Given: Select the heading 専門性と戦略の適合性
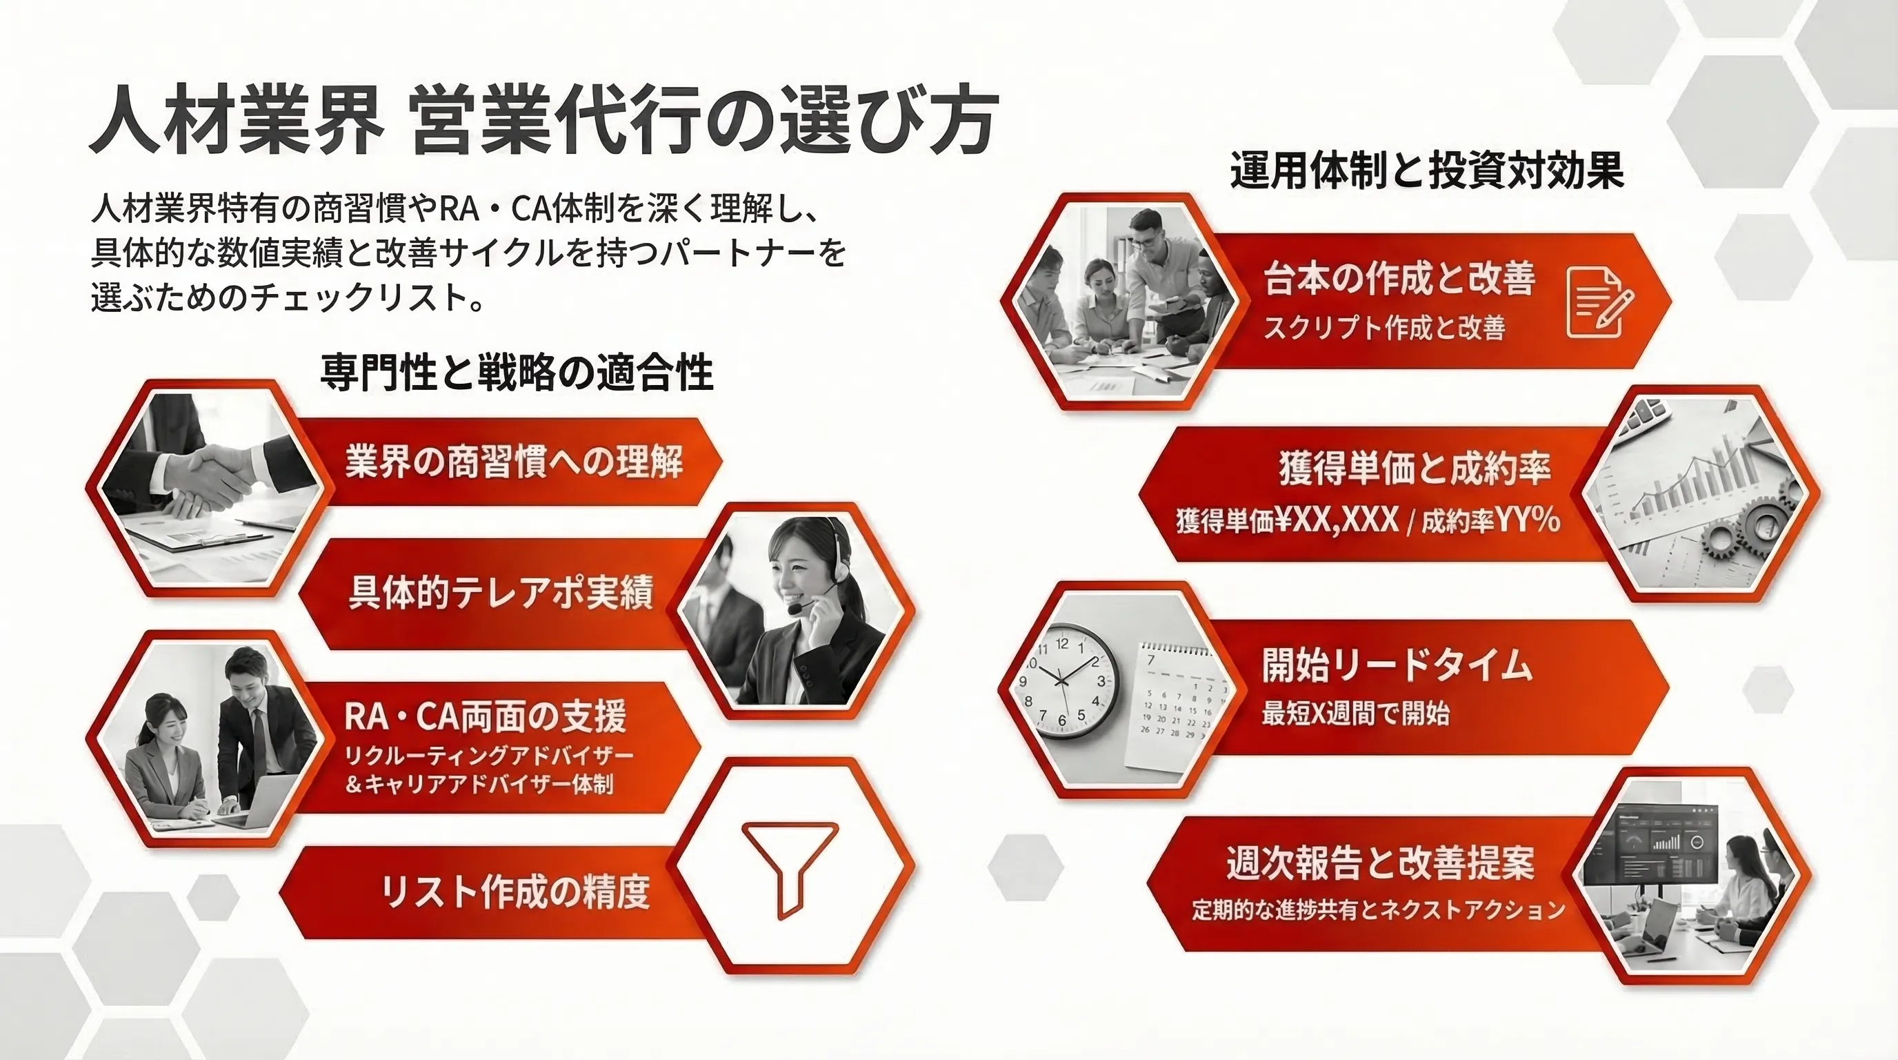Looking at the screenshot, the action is click(517, 371).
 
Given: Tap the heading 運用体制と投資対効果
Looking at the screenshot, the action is click(1427, 171).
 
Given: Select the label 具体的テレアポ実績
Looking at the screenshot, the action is click(501, 593).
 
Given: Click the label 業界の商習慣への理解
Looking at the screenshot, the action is click(515, 462).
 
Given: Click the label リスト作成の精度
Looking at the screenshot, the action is click(515, 891).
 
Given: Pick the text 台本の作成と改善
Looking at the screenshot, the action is click(1399, 279).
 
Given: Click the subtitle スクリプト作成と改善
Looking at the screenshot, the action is click(1383, 327).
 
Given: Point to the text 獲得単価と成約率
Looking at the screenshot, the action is click(1415, 468).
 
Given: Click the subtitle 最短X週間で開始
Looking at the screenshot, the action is click(1356, 714).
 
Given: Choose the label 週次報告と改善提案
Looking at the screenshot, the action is click(1380, 863).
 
